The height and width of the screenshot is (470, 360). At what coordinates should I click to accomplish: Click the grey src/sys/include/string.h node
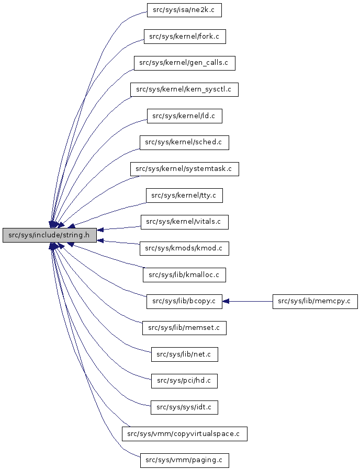click(50, 235)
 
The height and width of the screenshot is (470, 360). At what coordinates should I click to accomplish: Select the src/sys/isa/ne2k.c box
click(184, 10)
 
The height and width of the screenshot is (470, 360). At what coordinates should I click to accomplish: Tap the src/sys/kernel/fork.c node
click(184, 37)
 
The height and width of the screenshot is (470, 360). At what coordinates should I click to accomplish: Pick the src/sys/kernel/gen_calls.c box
click(184, 63)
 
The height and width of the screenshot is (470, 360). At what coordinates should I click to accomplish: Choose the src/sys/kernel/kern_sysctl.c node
click(184, 89)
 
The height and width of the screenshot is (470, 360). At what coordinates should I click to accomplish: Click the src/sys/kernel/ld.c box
click(184, 116)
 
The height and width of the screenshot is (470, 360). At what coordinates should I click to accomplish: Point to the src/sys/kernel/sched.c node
click(184, 142)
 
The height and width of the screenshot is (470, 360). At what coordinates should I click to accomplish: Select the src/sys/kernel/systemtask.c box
click(184, 169)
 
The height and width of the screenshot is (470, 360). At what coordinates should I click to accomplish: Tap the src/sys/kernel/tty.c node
click(184, 196)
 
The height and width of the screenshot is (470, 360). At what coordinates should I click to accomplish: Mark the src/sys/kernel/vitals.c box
click(184, 222)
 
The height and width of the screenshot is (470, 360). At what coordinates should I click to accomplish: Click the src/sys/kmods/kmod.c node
click(184, 248)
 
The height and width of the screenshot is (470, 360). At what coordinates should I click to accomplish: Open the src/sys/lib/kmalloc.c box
click(184, 274)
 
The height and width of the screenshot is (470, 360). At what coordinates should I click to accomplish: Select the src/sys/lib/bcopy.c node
click(184, 301)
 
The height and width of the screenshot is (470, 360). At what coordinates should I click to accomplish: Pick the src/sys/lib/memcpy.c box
click(315, 301)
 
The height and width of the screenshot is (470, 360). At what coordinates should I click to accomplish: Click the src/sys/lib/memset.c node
click(184, 328)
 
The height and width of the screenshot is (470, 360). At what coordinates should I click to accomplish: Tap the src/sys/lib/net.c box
click(184, 354)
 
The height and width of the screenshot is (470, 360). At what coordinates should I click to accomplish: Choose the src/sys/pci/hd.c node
click(184, 381)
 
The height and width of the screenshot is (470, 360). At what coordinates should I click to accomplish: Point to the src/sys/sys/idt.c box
click(184, 407)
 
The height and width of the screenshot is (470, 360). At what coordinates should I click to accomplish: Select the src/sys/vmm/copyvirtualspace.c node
click(184, 434)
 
